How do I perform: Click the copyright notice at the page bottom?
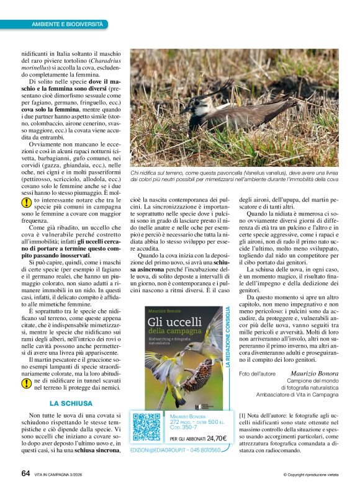click(310, 475)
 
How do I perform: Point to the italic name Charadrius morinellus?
click(68, 78)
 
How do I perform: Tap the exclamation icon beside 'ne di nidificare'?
click(27, 383)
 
